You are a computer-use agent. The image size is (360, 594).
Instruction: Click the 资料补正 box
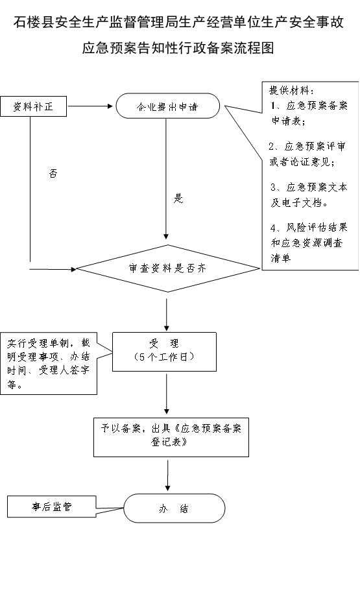point(33,106)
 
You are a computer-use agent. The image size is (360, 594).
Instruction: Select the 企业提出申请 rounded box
point(167,106)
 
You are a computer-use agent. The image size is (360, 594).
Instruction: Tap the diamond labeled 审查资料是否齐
point(168,268)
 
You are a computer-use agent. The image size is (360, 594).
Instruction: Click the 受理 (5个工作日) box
point(164,351)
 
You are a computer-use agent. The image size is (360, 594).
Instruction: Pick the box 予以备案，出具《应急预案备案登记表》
point(171,437)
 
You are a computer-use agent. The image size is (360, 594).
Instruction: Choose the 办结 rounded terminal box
point(174,508)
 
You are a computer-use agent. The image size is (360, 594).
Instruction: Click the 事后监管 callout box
point(51,507)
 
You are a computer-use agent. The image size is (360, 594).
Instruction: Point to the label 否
point(53,174)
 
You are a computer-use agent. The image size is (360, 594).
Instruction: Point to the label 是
point(178,198)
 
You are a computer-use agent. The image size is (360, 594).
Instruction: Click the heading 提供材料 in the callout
point(291,91)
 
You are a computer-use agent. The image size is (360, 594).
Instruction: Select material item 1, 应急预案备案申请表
point(309,113)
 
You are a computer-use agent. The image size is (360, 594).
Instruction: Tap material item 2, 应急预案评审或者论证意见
point(307,154)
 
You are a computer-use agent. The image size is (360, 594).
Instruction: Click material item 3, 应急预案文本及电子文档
point(309,195)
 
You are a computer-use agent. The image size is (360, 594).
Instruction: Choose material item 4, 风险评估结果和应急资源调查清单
point(309,243)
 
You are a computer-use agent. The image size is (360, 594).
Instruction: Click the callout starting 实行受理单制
point(49,364)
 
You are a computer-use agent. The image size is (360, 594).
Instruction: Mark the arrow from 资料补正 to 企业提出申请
point(90,106)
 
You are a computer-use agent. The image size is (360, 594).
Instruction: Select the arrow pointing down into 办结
point(167,475)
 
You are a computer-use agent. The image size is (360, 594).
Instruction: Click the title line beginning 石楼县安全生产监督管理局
point(178,22)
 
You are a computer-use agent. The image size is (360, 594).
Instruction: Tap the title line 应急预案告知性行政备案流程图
point(178,48)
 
